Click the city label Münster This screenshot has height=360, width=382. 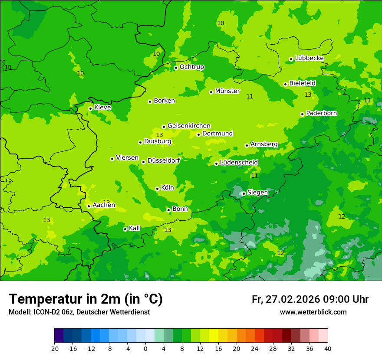227,91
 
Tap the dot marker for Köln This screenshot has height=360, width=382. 157,189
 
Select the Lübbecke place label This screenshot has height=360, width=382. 309,58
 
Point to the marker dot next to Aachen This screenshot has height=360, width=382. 89,206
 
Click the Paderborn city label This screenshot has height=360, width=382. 321,113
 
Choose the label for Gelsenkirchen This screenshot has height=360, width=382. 189,126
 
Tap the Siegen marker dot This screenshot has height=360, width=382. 244,193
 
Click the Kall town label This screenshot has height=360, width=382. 135,228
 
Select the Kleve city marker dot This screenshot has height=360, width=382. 90,108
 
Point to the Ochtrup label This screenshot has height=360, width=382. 191,67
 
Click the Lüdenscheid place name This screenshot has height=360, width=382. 239,163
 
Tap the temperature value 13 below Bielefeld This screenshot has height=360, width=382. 308,95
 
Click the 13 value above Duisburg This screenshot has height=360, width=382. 159,135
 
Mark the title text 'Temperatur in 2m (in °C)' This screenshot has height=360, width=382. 86,299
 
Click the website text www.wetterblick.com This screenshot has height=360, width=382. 313,312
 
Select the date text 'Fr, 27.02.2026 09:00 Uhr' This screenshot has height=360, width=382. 310,299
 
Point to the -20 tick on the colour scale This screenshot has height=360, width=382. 54,348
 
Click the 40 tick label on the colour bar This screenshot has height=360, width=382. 328,348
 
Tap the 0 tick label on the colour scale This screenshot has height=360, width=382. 145,348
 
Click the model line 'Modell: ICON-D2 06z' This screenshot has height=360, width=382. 79,312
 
